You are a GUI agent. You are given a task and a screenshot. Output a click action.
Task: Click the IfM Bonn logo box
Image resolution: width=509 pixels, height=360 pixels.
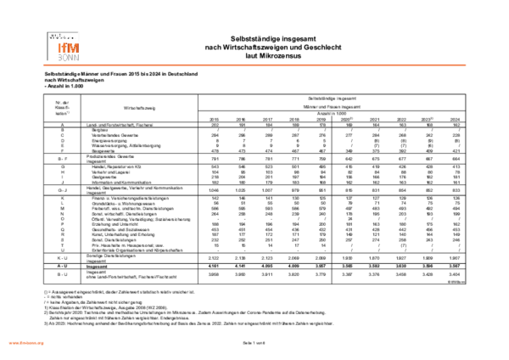coord(64,46)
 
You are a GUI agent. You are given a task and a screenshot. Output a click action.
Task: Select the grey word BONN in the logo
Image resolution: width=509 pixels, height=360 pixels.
coord(69,58)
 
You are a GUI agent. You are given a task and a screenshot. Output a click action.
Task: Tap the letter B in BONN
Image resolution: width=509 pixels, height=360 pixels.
coord(60,58)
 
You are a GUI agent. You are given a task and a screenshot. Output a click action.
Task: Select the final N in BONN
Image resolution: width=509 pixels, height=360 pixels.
coord(76,58)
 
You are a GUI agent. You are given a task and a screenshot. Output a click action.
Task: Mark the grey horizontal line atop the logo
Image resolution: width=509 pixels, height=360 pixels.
coord(63,31)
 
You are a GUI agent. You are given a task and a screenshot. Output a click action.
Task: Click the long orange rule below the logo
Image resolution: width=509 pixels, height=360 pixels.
coord(255,65)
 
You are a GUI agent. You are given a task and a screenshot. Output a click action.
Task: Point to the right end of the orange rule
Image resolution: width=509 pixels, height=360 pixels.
coord(466,65)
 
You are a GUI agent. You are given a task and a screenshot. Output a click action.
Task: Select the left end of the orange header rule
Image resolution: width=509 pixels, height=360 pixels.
coord(44,65)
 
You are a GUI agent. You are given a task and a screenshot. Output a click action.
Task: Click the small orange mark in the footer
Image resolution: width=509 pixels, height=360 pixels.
coord(26,343)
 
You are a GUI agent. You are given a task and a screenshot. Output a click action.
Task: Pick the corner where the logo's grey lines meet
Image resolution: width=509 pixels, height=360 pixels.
coord(48,31)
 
